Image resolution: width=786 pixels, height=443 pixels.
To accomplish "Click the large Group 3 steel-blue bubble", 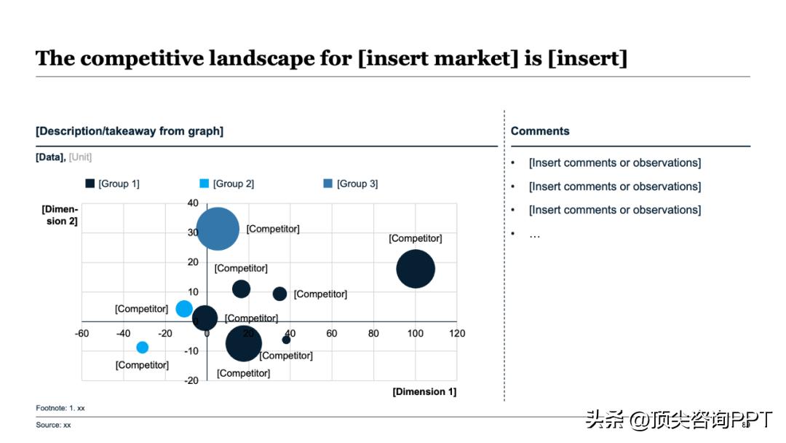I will (218, 229).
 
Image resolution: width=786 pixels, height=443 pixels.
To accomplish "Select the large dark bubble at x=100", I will (416, 269).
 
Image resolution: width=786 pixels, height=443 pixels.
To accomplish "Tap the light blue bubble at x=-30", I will (142, 348).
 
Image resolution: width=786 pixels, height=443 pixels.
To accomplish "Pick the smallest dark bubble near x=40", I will (286, 340).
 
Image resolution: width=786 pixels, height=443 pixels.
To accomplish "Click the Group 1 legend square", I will (90, 184).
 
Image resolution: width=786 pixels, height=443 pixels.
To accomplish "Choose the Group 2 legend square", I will (205, 184).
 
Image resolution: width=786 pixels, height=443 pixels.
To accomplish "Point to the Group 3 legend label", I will (357, 184).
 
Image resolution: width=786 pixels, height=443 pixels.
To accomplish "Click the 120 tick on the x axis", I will (457, 334).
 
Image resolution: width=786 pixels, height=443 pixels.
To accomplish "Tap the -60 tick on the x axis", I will (82, 334).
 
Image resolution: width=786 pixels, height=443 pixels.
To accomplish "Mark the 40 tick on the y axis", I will (193, 203).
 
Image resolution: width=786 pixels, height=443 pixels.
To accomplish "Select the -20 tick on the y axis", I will (191, 380).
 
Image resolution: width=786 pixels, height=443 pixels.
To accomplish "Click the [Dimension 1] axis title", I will (424, 392).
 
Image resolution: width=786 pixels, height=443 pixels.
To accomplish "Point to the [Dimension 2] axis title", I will (60, 215).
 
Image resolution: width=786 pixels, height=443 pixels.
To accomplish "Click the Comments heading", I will (540, 131).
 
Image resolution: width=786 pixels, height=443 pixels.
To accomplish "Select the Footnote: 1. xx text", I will (60, 408).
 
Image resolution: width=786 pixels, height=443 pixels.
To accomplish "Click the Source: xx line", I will (54, 425).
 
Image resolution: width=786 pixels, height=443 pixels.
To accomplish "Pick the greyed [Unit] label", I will (80, 157).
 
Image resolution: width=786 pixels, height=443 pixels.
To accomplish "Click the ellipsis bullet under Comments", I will (534, 234).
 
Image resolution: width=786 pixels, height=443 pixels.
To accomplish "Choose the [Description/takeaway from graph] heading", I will (130, 131).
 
